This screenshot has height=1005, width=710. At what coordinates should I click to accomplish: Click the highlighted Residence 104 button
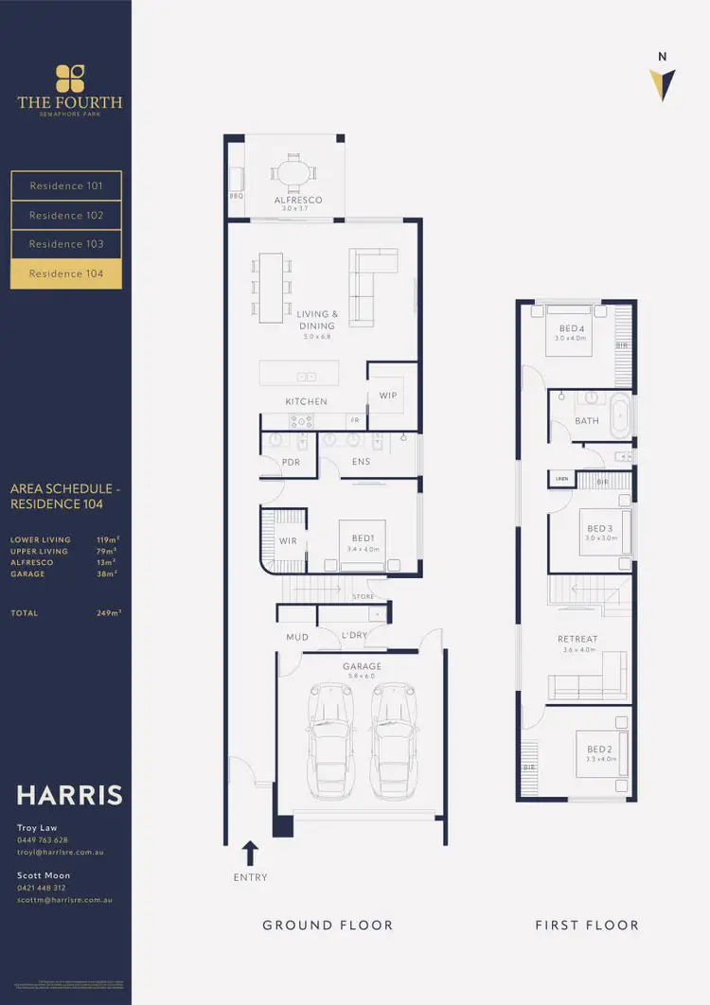coord(65,273)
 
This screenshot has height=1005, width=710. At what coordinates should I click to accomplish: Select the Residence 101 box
coord(65,186)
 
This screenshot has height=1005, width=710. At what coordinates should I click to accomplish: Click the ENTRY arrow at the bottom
coord(251,854)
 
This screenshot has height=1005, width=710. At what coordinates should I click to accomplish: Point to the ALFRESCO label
coord(298,201)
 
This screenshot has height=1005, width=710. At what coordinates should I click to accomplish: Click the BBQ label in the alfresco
coord(237,196)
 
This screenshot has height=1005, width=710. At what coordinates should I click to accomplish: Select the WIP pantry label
coord(388,396)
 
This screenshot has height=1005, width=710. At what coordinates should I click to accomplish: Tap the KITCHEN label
coord(306,402)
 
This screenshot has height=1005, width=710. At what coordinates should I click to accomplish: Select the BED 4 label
coord(573,328)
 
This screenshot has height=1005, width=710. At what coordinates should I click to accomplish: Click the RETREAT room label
coord(577,640)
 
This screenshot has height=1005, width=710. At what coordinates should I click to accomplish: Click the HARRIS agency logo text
coord(70,794)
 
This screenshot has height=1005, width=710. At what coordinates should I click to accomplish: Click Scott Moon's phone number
coord(43,888)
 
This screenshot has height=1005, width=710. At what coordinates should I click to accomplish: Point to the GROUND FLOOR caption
coord(328,925)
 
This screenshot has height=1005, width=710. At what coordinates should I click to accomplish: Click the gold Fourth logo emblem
coord(70,78)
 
